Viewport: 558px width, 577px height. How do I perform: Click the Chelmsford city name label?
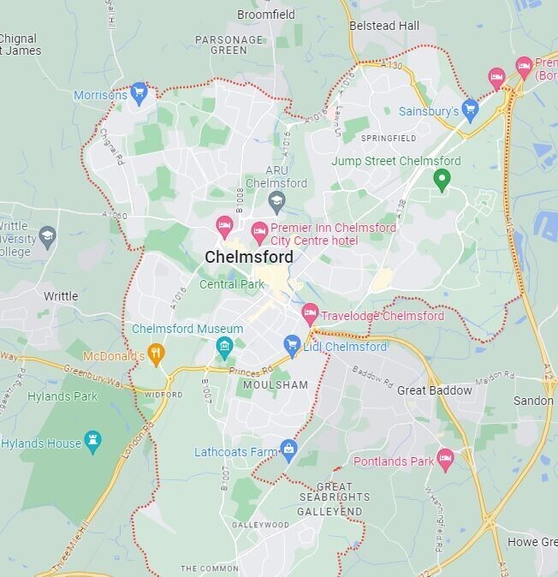pyautogui.click(x=249, y=257)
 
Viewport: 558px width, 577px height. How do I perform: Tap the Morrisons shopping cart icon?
pyautogui.click(x=139, y=93)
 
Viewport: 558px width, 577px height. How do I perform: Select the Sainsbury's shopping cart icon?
pyautogui.click(x=470, y=109)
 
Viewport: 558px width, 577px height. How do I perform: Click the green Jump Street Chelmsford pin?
pyautogui.click(x=442, y=180)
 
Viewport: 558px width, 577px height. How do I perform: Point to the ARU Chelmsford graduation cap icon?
pyautogui.click(x=276, y=202)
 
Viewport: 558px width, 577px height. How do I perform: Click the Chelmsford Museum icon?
pyautogui.click(x=224, y=347)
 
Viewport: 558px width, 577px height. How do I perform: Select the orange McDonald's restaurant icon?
pyautogui.click(x=155, y=354)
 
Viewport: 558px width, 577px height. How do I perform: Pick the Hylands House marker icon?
pyautogui.click(x=93, y=443)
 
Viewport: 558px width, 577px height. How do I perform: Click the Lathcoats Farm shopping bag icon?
pyautogui.click(x=289, y=450)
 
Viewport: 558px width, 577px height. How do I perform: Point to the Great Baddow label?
pyautogui.click(x=434, y=390)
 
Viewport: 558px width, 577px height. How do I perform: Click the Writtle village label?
pyautogui.click(x=61, y=296)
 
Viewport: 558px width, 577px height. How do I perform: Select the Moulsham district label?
pyautogui.click(x=275, y=385)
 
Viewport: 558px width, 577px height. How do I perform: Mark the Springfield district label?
pyautogui.click(x=389, y=138)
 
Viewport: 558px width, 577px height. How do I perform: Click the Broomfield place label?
pyautogui.click(x=265, y=15)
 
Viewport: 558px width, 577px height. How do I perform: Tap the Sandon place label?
pyautogui.click(x=532, y=401)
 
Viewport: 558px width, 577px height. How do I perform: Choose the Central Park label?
pyautogui.click(x=233, y=284)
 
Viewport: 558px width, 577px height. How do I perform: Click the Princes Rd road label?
pyautogui.click(x=249, y=370)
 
